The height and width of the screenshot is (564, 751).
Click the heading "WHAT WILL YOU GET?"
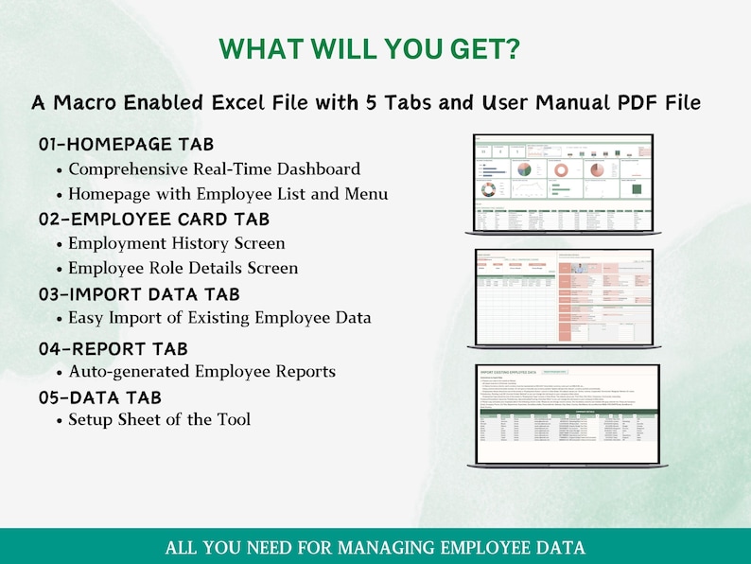point(370,49)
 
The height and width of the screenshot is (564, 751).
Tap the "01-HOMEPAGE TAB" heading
point(126,145)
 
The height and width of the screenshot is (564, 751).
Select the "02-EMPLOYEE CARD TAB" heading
point(154,220)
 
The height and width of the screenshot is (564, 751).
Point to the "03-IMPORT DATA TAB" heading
point(139,294)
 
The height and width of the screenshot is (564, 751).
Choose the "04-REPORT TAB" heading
point(113,348)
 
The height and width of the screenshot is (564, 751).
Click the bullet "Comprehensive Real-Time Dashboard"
point(214,169)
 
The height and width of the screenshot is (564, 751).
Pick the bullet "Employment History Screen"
point(176,243)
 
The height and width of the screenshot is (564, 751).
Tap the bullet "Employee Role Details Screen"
point(183,268)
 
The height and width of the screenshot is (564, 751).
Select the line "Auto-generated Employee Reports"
point(201,371)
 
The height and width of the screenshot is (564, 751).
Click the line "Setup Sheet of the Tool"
point(159,418)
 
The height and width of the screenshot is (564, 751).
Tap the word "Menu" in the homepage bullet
point(367,194)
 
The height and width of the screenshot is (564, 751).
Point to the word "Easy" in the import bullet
point(87,317)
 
